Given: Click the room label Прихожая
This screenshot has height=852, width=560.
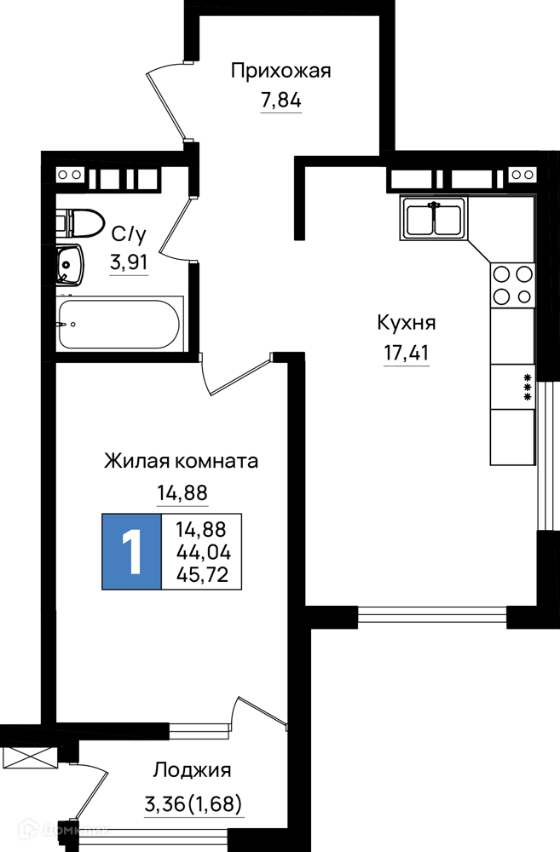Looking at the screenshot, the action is click(x=280, y=72).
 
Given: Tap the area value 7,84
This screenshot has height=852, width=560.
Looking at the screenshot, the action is click(x=281, y=101).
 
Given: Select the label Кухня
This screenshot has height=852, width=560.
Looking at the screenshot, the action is click(x=407, y=323).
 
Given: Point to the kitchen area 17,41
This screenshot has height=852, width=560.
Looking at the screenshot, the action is click(x=407, y=354).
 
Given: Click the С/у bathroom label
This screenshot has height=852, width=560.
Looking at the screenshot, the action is click(x=129, y=235).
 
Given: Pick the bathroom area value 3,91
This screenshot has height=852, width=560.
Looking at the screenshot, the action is click(x=129, y=263).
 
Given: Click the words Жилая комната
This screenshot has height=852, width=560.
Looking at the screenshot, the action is click(x=181, y=461).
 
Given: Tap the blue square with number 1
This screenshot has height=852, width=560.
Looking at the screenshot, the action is click(x=132, y=551).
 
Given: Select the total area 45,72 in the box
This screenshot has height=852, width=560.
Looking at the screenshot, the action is click(x=202, y=574).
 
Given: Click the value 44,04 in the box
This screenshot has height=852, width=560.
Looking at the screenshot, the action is click(x=204, y=553).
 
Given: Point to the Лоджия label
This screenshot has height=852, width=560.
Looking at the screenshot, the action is click(x=192, y=770).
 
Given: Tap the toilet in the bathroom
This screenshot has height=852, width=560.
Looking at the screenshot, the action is click(x=79, y=222).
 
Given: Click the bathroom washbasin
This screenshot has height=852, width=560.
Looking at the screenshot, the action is click(x=69, y=265).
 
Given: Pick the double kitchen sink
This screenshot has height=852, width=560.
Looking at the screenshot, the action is click(x=434, y=218).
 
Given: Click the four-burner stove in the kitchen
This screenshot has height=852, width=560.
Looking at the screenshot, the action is click(x=512, y=285).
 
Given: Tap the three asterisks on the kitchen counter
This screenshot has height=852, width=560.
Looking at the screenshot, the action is click(x=526, y=388).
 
